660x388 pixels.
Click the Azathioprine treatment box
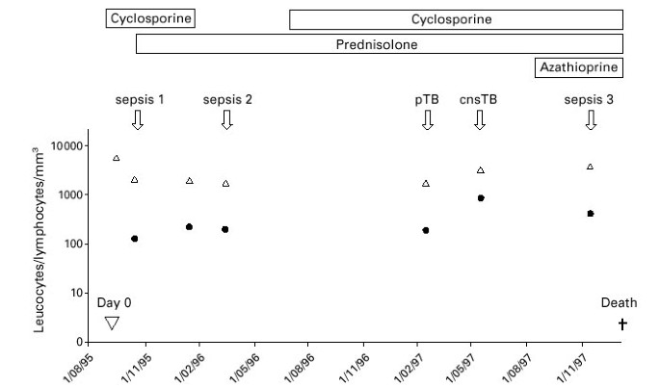[x=579, y=67]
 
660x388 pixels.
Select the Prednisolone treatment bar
[x=379, y=43]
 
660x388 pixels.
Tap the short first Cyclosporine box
[x=149, y=19]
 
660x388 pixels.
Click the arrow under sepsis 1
[x=137, y=119]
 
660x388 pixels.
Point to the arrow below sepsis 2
[x=226, y=119]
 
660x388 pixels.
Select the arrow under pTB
[x=428, y=119]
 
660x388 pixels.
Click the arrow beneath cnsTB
[x=479, y=119]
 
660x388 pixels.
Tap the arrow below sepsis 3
[x=591, y=119]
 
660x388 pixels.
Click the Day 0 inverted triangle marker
[x=112, y=323]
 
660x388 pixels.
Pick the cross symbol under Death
[x=622, y=324]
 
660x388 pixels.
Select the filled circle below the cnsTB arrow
[x=480, y=198]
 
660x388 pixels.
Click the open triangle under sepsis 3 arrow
[x=590, y=167]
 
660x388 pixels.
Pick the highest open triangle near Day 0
[x=117, y=158]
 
